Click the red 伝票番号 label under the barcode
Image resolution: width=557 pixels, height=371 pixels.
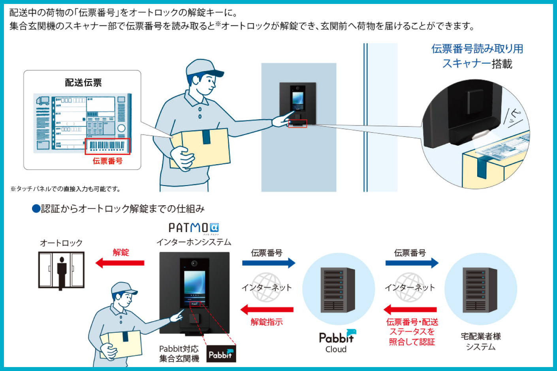click(x=107, y=161)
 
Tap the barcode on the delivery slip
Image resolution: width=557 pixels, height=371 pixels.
click(x=107, y=146)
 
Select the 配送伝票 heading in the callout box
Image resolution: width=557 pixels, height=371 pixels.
click(x=83, y=82)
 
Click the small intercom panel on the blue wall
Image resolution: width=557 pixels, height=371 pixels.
click(x=297, y=103)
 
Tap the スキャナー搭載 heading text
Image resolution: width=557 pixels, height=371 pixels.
click(x=477, y=64)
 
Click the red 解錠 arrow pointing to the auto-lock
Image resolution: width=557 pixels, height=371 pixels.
click(x=120, y=262)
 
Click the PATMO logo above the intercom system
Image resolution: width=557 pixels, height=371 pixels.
click(x=194, y=228)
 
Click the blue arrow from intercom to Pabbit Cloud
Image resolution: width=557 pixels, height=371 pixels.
click(x=269, y=263)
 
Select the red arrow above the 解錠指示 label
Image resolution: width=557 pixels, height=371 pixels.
click(x=267, y=310)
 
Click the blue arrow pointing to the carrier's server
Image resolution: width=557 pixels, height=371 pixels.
click(x=412, y=263)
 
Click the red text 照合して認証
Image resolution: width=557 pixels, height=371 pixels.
click(x=412, y=342)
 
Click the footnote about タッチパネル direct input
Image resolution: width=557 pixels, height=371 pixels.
click(x=66, y=189)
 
